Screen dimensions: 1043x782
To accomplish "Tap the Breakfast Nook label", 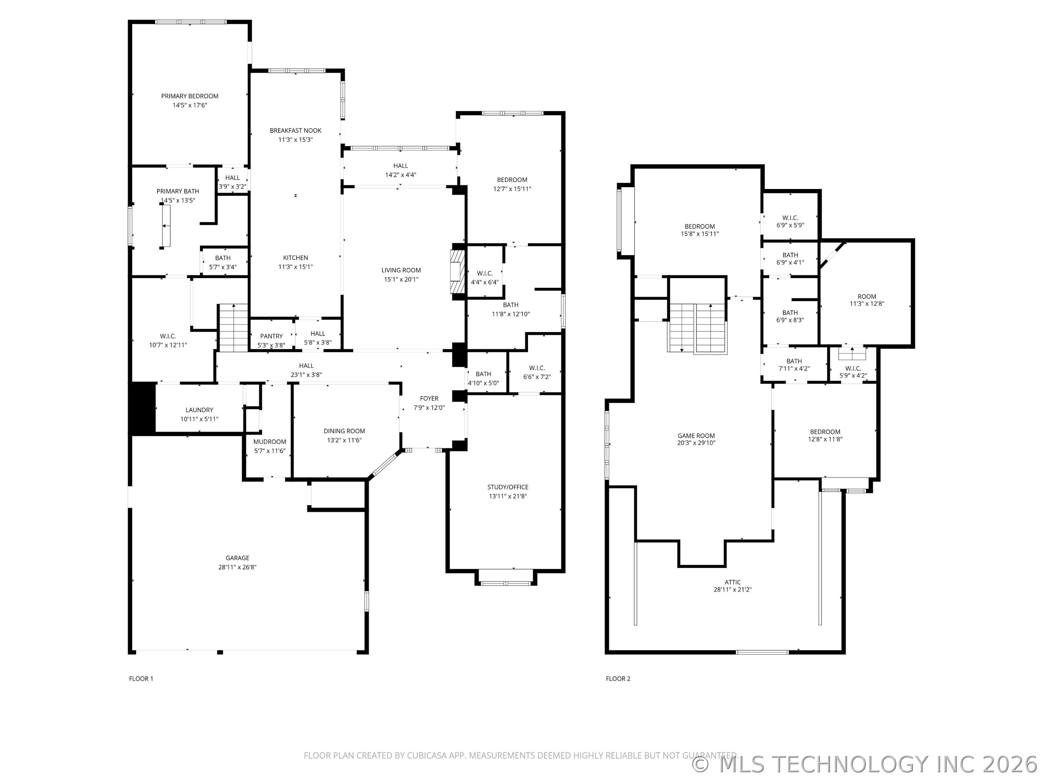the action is (x=296, y=131).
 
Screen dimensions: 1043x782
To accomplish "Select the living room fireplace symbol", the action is (x=457, y=272).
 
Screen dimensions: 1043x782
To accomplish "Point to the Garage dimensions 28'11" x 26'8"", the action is (x=237, y=567).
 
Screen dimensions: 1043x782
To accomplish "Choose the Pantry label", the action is (x=272, y=336).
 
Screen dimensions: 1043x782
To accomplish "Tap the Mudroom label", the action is (x=270, y=442).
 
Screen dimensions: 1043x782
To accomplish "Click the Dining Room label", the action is (x=344, y=431).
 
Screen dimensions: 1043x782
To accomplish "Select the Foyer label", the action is (x=429, y=398).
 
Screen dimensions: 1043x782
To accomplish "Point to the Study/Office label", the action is (x=508, y=487).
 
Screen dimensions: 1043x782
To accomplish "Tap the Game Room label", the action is (x=696, y=436).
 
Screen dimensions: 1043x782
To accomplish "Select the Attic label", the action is (x=733, y=582).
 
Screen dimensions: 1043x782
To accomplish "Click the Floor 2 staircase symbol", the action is (x=698, y=328).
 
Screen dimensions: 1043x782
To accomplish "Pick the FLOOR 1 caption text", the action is (x=141, y=679).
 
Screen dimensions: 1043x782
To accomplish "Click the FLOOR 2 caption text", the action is (x=618, y=679).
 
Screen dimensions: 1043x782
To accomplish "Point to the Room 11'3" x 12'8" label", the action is (x=867, y=300).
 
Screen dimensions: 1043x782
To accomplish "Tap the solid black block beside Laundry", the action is (x=142, y=409).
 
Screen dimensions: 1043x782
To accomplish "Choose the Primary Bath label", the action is (x=178, y=192).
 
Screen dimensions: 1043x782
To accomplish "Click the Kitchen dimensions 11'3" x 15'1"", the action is (x=296, y=267).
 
